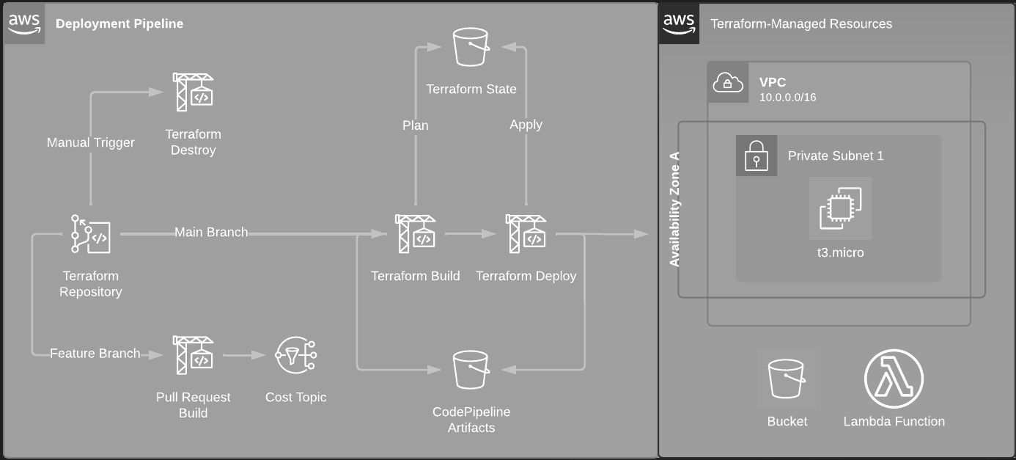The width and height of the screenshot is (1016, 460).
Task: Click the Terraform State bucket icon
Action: point(471,48)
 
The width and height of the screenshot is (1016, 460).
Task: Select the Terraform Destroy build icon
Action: point(193,92)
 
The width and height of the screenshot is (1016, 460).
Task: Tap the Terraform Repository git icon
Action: point(91,233)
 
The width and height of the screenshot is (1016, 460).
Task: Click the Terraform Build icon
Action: point(415,233)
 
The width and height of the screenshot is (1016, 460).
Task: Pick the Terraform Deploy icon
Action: point(526,233)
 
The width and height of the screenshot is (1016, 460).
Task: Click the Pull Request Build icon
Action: point(193,355)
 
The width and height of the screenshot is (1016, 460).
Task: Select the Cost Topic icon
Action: point(295,355)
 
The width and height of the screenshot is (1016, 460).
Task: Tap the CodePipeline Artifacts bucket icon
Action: point(471,370)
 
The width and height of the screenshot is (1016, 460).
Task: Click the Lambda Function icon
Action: point(894,379)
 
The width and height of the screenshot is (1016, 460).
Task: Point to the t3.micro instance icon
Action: point(840,208)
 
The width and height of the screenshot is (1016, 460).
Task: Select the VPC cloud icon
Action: point(727,82)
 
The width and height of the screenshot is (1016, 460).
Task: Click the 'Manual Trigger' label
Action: point(91,142)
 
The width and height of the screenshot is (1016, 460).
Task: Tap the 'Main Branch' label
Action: point(211,233)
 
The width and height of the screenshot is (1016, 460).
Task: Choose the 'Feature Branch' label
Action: point(95,354)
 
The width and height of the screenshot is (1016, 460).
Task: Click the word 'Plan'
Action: point(416,125)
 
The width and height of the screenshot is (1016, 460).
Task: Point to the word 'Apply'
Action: point(526,125)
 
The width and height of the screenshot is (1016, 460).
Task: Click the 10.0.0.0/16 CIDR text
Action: point(788,97)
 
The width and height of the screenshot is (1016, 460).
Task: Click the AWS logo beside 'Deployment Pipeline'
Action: point(24,23)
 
